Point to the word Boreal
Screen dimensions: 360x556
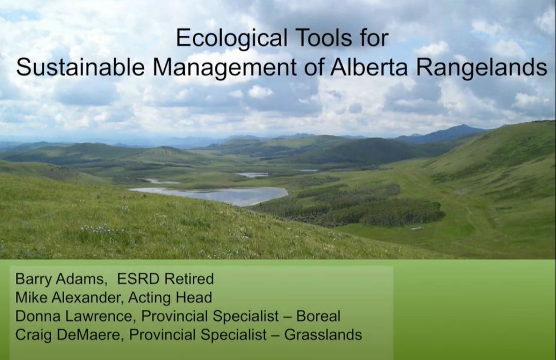click(x=318, y=316)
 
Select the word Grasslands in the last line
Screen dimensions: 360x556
click(x=323, y=335)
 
